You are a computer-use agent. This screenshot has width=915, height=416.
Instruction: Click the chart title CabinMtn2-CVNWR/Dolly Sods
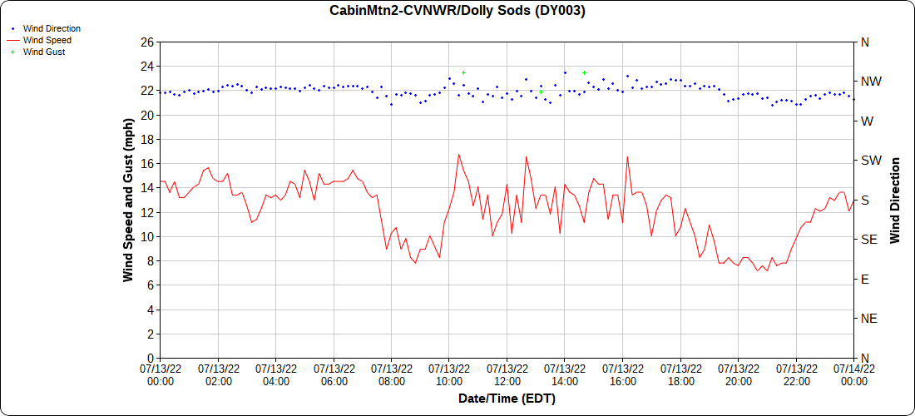[457, 11]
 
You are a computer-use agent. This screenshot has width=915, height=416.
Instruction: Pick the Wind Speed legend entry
[47, 40]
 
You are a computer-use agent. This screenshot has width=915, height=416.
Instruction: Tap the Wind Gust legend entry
[44, 52]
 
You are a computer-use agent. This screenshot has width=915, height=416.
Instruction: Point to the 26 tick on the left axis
[147, 42]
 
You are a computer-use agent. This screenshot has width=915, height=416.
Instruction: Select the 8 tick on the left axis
[151, 261]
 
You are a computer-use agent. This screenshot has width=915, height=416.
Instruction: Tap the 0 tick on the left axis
[151, 358]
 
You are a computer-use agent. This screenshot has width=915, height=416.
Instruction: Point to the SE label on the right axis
[868, 240]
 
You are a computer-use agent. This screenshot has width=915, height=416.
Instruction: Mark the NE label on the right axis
[868, 319]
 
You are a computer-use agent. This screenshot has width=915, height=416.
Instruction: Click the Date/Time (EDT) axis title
[507, 399]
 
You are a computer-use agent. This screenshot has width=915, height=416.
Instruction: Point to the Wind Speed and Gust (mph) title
[128, 200]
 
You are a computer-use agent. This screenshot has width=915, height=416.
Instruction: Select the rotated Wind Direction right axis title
[895, 200]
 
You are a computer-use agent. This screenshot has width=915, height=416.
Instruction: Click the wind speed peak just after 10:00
[458, 154]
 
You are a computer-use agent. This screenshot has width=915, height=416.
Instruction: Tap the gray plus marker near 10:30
[463, 73]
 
